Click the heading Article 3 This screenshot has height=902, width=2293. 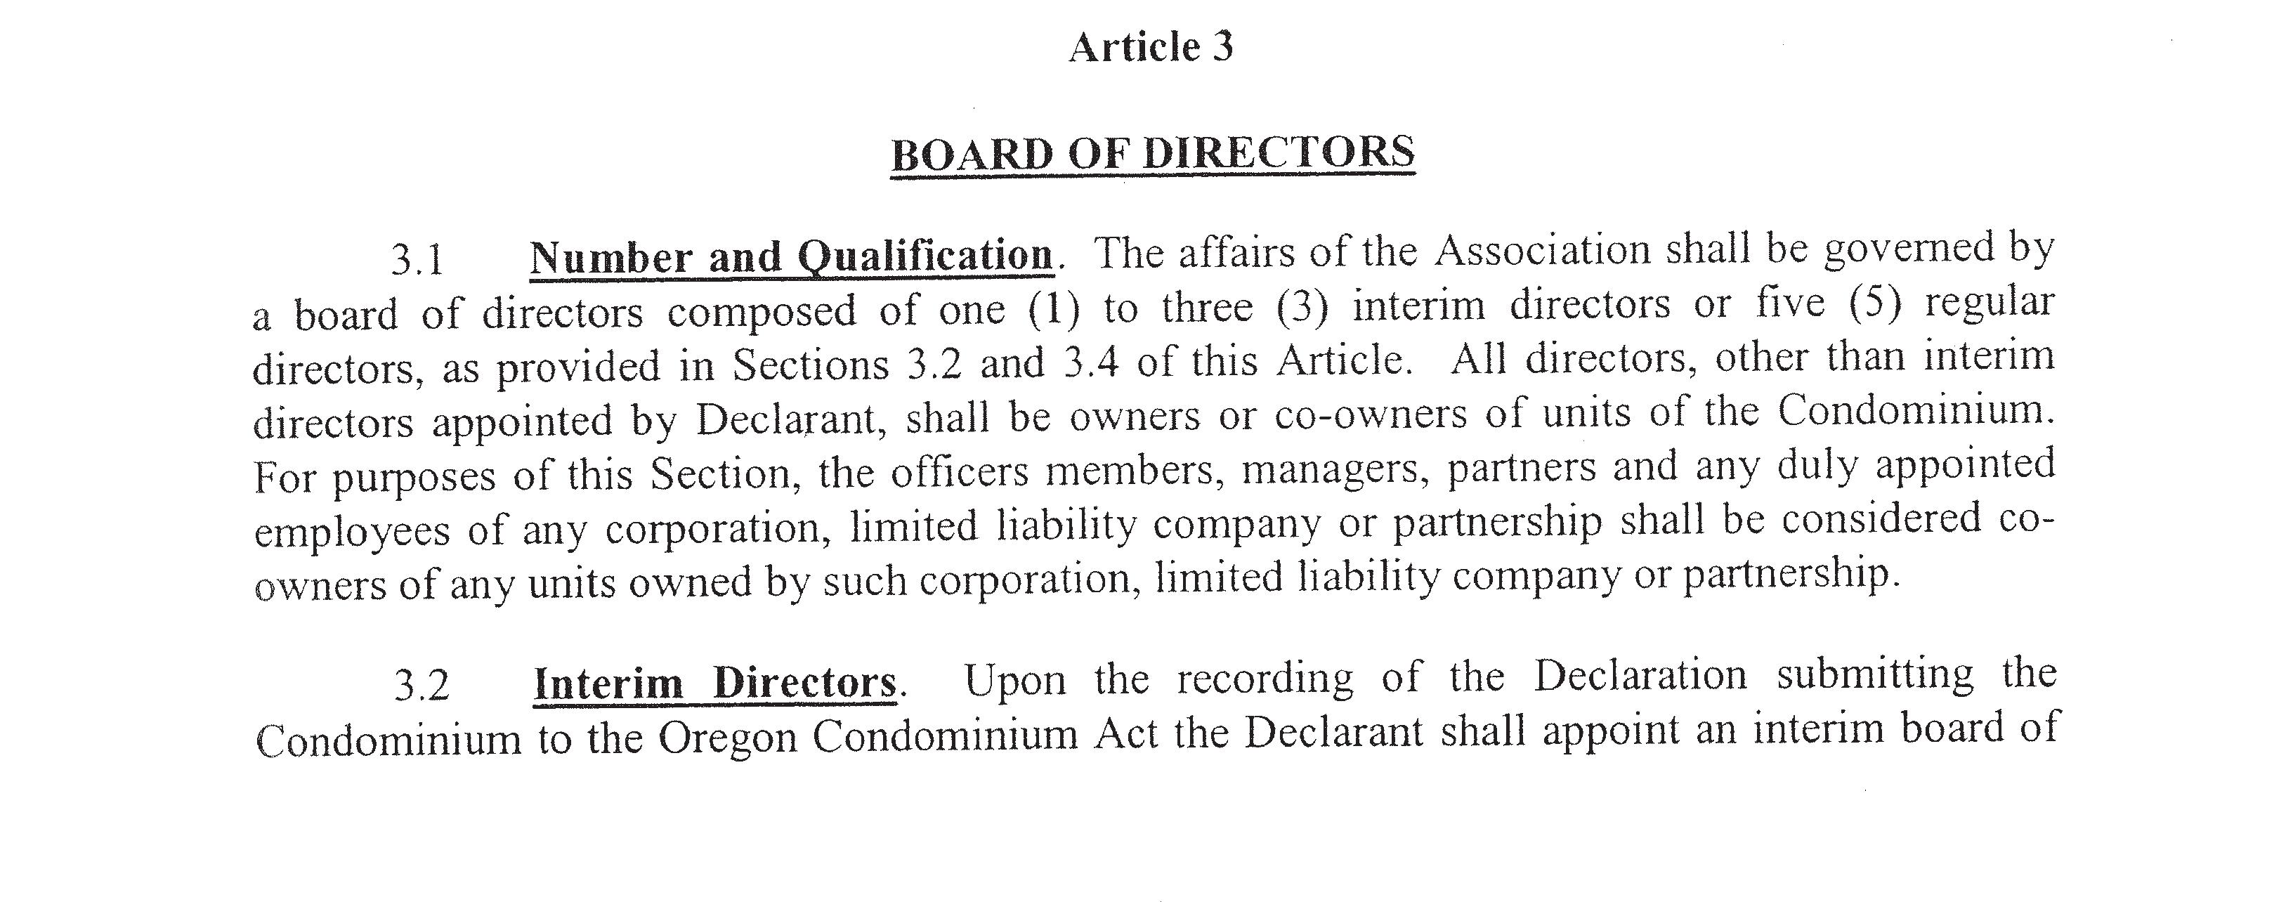[1151, 47]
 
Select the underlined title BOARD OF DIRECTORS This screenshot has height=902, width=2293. [1152, 154]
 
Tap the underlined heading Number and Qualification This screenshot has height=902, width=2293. [791, 256]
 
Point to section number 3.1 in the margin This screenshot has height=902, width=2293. [417, 260]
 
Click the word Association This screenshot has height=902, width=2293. [1543, 250]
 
